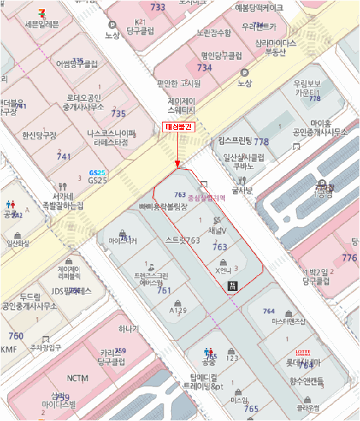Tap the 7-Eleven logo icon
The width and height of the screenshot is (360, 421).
point(42,11)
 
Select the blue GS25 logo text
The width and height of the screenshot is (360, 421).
point(96,172)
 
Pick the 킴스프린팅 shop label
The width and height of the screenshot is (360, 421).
point(234,142)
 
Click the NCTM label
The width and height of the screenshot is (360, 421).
point(77,378)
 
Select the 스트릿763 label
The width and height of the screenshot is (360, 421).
point(182,240)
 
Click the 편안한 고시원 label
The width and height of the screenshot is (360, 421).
point(179,84)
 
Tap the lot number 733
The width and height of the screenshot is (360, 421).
point(158,7)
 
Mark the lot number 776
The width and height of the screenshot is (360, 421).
point(349,258)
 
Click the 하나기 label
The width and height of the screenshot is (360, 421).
point(128,329)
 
